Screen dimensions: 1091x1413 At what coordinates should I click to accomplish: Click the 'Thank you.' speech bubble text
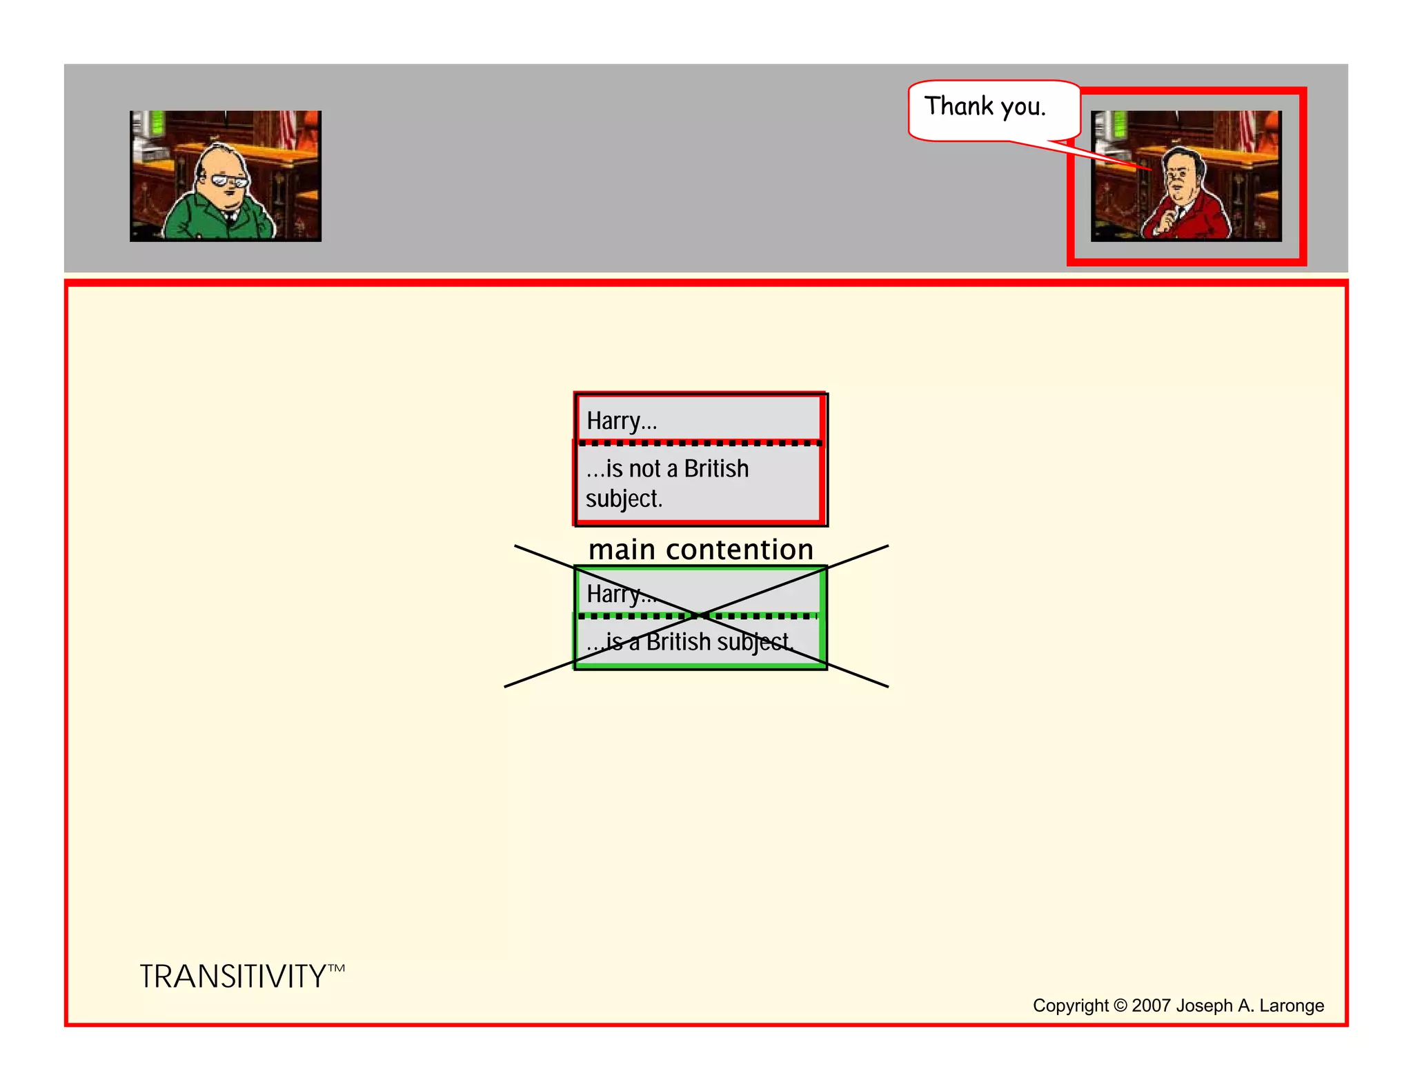985,107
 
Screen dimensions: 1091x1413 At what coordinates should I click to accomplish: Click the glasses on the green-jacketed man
229,181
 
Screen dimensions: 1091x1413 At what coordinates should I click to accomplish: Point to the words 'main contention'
701,550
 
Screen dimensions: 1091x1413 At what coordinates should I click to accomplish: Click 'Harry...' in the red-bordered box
622,421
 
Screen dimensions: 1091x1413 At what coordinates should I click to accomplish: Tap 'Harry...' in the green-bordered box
620,594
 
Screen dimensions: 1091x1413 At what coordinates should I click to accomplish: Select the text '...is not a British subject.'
666,483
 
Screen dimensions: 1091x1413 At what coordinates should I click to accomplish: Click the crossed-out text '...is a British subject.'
690,642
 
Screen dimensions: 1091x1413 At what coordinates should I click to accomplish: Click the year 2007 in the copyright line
1152,1005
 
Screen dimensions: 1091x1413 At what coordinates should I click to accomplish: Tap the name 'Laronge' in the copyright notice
1292,1005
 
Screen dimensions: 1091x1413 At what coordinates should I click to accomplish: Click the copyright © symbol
1120,1005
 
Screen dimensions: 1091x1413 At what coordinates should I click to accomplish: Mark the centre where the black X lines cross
698,615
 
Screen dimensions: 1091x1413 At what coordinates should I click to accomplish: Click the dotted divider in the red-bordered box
700,443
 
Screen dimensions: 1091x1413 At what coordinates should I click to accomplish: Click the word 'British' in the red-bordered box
716,469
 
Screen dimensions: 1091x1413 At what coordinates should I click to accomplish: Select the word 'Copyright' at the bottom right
1070,1005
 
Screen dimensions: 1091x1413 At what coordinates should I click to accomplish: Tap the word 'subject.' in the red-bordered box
624,499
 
